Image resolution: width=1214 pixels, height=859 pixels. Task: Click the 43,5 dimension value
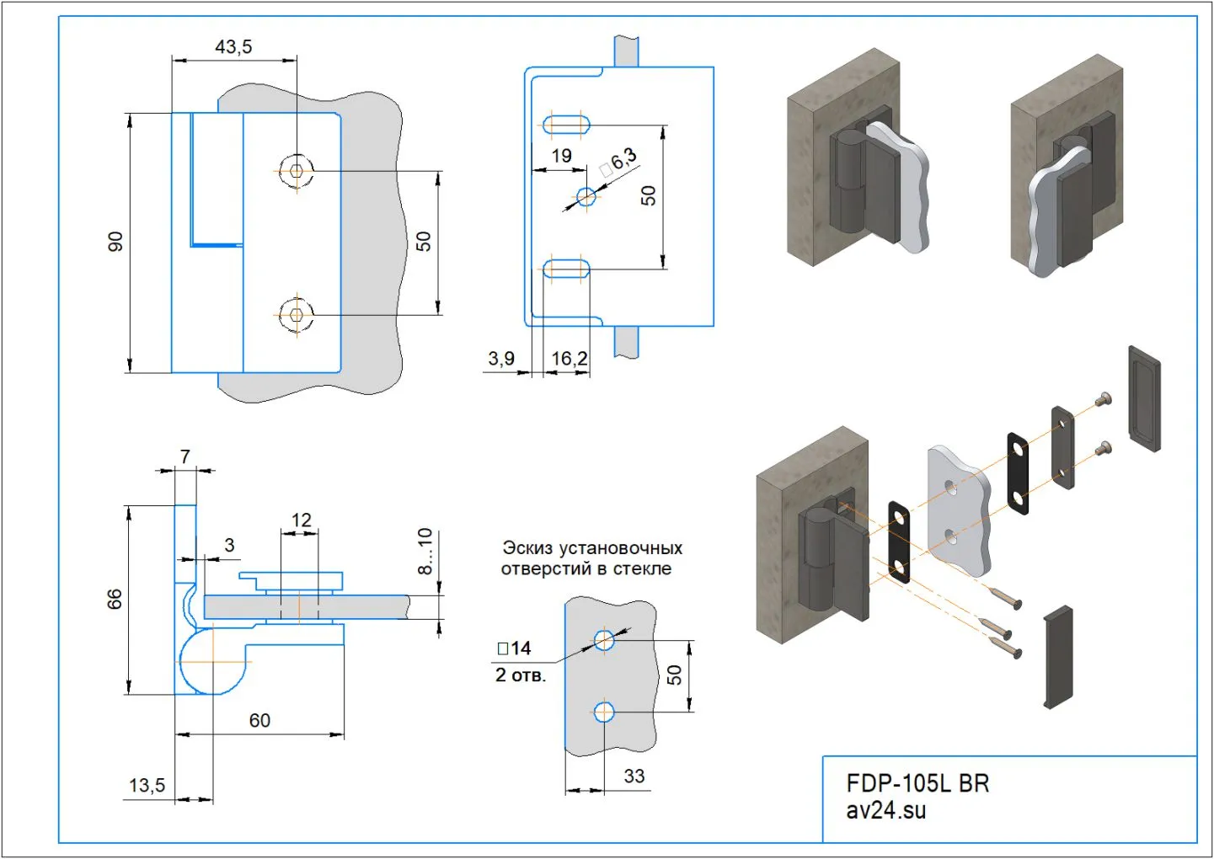pyautogui.click(x=233, y=47)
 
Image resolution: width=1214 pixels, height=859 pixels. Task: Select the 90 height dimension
pyautogui.click(x=115, y=241)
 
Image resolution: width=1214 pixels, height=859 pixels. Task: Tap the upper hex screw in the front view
pyautogui.click(x=296, y=171)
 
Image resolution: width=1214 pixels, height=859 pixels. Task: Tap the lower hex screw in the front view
pyautogui.click(x=296, y=315)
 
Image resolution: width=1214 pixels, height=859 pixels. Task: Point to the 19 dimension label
pyautogui.click(x=561, y=156)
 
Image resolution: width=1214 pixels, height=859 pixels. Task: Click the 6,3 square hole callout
pyautogui.click(x=619, y=161)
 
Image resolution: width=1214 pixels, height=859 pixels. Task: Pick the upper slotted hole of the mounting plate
pyautogui.click(x=565, y=125)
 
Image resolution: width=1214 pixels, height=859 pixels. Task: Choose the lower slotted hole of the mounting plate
pyautogui.click(x=565, y=269)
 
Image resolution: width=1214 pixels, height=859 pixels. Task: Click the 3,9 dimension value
pyautogui.click(x=501, y=359)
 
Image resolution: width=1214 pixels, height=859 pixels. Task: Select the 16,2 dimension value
pyautogui.click(x=569, y=359)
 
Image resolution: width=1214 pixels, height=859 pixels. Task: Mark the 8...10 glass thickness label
pyautogui.click(x=425, y=551)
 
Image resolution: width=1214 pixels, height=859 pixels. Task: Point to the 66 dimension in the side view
pyautogui.click(x=115, y=599)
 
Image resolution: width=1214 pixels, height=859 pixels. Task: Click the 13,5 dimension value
pyautogui.click(x=147, y=786)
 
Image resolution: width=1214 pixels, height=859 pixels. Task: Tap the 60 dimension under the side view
pyautogui.click(x=259, y=721)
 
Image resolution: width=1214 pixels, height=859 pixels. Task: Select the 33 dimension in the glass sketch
pyautogui.click(x=634, y=776)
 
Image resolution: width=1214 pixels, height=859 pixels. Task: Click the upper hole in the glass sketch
pyautogui.click(x=604, y=641)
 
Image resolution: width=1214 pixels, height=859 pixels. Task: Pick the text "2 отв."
pyautogui.click(x=521, y=675)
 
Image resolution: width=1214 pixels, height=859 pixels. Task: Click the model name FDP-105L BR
pyautogui.click(x=917, y=783)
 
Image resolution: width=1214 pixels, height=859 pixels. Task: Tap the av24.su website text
pyautogui.click(x=886, y=810)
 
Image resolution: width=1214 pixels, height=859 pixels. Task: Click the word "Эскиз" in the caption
pyautogui.click(x=527, y=548)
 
